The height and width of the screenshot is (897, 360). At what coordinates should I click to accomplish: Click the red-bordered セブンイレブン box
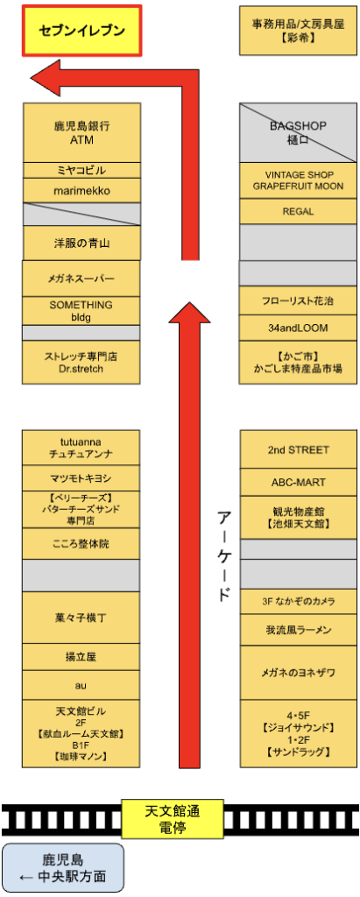(81, 31)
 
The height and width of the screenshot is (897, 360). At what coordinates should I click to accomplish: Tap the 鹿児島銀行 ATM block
(81, 133)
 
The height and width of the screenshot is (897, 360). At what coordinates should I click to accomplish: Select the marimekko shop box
(81, 190)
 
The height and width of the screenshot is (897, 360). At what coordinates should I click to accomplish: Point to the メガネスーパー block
(81, 279)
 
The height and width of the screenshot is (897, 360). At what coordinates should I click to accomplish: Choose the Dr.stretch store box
(81, 362)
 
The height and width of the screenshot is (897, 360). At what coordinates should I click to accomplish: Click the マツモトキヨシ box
(81, 478)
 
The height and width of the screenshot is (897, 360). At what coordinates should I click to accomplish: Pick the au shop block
(81, 685)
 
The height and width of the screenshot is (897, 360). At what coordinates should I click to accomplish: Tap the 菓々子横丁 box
(81, 618)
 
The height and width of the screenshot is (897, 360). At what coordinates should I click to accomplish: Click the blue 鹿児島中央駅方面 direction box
(63, 867)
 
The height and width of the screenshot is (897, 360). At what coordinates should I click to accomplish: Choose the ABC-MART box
(298, 483)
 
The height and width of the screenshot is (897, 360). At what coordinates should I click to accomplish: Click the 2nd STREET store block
(298, 449)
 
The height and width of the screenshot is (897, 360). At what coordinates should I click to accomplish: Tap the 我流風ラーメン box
(298, 631)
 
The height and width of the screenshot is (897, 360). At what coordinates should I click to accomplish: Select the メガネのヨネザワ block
(298, 673)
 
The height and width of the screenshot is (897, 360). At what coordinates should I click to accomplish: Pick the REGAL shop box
(298, 212)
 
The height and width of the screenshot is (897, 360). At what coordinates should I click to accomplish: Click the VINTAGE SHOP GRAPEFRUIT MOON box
(298, 180)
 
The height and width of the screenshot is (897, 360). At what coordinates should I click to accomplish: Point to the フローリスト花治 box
(298, 300)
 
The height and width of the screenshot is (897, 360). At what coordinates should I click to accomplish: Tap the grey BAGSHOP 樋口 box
(298, 133)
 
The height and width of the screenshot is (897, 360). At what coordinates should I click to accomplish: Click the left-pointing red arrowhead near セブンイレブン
(46, 78)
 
